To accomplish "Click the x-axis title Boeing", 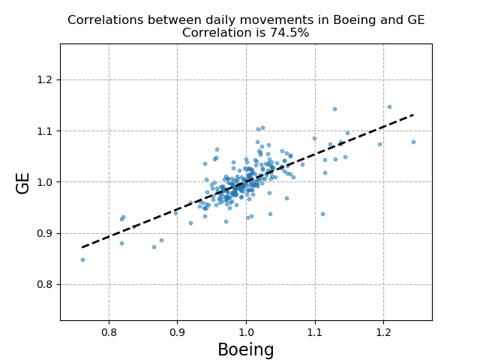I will coord(245,350).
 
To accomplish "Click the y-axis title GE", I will coord(23,182).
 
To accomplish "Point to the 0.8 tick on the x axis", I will coord(109,331).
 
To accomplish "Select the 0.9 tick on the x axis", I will coord(177,331).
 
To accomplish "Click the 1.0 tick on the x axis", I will coord(246,331).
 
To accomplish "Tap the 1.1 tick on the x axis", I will coord(315,331).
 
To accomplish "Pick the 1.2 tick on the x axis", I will coord(383,331).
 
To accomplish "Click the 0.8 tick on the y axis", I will coord(46,284).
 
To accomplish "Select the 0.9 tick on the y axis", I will coord(46,233).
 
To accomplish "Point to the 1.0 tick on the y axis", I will coord(46,182).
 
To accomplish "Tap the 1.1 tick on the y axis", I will coord(46,131).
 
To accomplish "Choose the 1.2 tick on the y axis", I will coord(46,80).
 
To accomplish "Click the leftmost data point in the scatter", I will coord(82,260).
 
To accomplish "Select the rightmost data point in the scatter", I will coord(413,142).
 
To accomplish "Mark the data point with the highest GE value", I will coord(389,106).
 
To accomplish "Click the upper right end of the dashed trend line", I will coord(413,115).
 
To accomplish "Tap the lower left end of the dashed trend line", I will coord(82,247).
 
